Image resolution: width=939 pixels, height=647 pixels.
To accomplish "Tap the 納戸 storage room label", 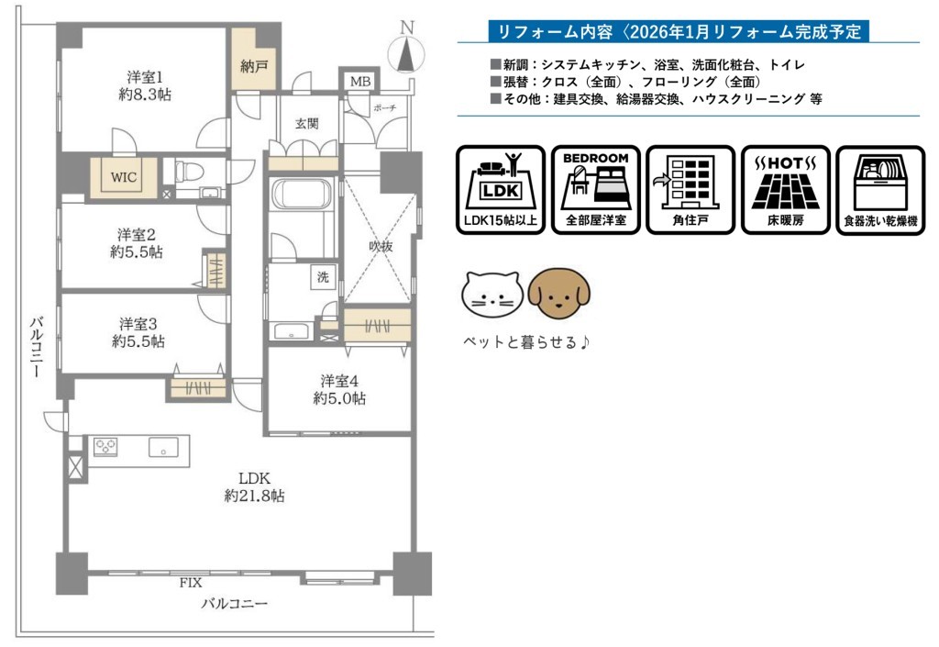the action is [254, 66].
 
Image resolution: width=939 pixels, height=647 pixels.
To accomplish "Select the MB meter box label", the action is [359, 82].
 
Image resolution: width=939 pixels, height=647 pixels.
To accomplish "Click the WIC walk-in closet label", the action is [124, 177].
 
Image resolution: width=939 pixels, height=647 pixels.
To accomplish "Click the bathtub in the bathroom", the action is [301, 195].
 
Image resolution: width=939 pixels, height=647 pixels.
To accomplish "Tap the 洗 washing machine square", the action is [323, 277].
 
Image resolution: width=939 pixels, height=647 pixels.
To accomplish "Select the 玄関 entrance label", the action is [306, 124].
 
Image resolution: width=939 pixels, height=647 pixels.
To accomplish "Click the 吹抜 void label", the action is [381, 246].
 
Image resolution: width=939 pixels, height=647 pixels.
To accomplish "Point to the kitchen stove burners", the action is [105, 447].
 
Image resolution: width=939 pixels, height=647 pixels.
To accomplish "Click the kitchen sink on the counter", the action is [163, 448].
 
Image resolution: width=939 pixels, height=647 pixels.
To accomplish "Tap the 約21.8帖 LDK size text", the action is [255, 496].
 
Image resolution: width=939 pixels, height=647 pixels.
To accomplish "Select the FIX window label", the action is [191, 582].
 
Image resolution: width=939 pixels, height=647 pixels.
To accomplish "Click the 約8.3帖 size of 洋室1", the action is [145, 94].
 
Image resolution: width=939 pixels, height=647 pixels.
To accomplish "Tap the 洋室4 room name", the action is [339, 381].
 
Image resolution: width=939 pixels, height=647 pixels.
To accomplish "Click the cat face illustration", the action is [492, 295].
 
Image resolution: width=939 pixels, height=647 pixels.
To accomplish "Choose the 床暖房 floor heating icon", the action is [786, 190].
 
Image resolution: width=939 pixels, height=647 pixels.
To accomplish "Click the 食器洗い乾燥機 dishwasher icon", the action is [880, 190].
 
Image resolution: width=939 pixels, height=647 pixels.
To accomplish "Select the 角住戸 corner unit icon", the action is [690, 190].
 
